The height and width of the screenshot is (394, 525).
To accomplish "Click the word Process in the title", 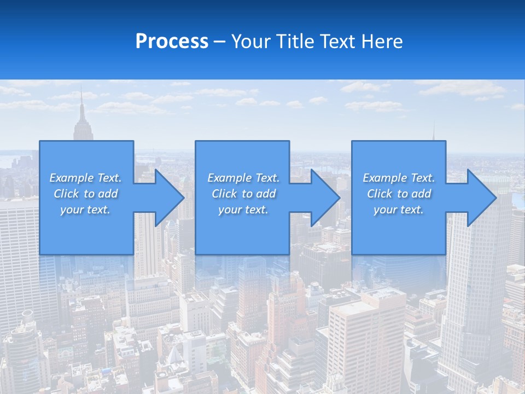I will point(172,42).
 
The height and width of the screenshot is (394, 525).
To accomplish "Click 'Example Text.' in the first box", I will point(85,178).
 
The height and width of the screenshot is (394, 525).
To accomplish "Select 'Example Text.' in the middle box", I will point(243,178).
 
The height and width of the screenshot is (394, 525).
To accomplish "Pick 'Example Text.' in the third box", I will point(399,178).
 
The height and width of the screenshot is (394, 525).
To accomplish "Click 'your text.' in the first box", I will point(85,210).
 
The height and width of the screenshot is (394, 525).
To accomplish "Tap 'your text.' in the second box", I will point(243,210).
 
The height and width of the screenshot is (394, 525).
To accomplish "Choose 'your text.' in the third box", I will point(399,210).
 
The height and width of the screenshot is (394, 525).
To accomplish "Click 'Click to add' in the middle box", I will point(243,194).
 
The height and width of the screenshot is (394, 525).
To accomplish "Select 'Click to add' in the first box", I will point(85,194).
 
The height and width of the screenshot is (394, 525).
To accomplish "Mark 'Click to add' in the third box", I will point(399,194).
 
